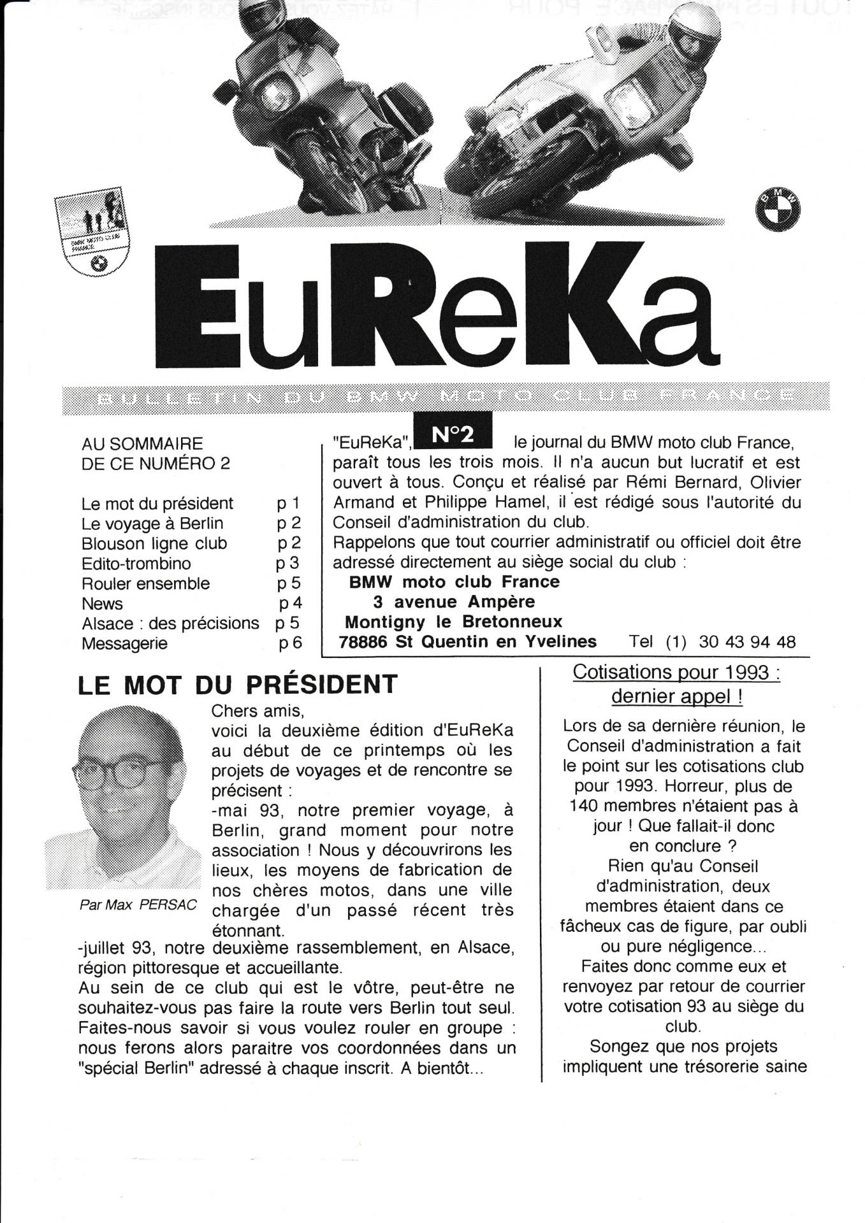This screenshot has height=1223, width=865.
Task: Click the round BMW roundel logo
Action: [778, 211]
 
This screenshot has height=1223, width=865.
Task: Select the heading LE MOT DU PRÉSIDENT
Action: [237, 685]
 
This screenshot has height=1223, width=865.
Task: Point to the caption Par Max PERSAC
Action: [138, 905]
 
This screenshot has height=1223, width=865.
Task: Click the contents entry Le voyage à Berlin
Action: [152, 524]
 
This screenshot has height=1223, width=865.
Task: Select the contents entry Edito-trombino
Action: [136, 564]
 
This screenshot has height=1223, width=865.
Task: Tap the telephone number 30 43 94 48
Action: [747, 641]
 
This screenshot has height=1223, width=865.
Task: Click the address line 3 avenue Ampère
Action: [454, 602]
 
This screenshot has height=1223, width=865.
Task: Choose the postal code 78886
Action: [363, 641]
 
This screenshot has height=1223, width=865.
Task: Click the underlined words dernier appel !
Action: [676, 696]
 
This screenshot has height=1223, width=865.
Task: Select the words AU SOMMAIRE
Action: [142, 443]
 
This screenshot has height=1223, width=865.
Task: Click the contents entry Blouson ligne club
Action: [154, 544]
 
